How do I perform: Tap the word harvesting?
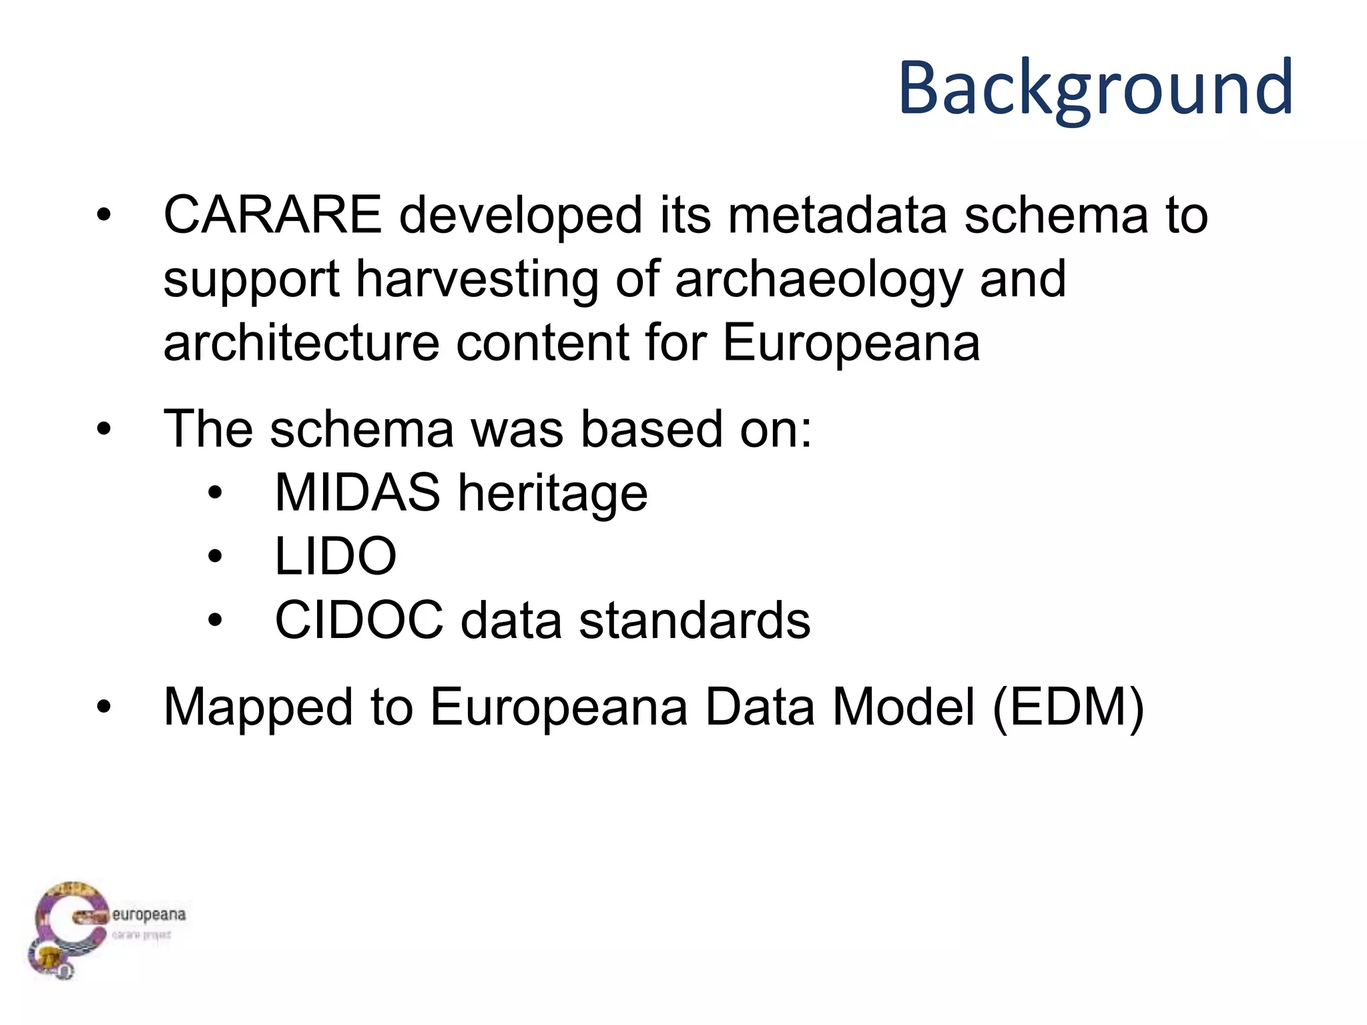(477, 279)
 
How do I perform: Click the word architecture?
(301, 343)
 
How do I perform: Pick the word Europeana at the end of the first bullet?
(851, 343)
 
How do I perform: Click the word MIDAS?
(357, 492)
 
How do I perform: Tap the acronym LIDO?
(336, 557)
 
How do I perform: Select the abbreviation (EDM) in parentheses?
(1068, 707)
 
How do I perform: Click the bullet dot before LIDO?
(214, 557)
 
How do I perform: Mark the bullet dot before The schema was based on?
(103, 428)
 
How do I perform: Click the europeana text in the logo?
(148, 914)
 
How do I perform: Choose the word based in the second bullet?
(651, 428)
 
